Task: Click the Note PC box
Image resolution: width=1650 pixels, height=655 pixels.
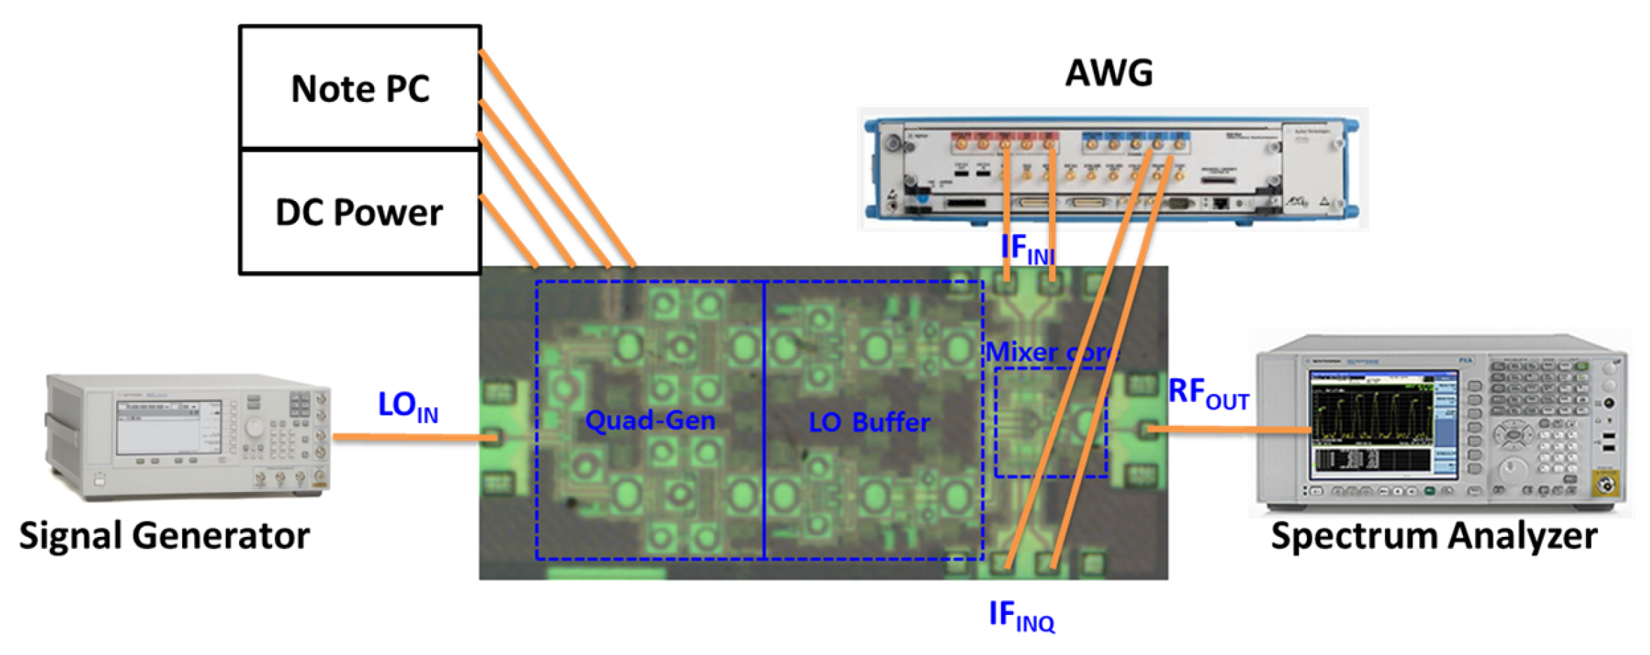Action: point(359,88)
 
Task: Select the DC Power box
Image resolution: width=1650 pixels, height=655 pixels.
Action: point(359,212)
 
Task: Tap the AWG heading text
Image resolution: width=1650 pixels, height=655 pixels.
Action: point(1109,72)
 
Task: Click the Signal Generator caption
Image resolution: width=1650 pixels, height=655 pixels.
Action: point(164,536)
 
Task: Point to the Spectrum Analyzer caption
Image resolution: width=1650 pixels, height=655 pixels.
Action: point(1433,536)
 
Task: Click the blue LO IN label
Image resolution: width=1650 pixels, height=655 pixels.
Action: point(407,406)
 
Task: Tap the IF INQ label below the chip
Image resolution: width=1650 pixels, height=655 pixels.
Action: point(1021,616)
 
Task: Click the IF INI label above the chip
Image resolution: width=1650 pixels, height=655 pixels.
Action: point(1027,249)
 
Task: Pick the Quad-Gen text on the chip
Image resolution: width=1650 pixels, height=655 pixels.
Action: point(650,420)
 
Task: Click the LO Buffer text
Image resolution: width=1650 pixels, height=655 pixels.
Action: point(869,422)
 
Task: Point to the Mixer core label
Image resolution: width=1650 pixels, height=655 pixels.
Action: point(1050,351)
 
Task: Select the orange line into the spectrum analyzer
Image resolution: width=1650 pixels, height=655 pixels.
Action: point(1230,429)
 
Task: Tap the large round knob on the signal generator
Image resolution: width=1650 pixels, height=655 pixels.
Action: point(254,427)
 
